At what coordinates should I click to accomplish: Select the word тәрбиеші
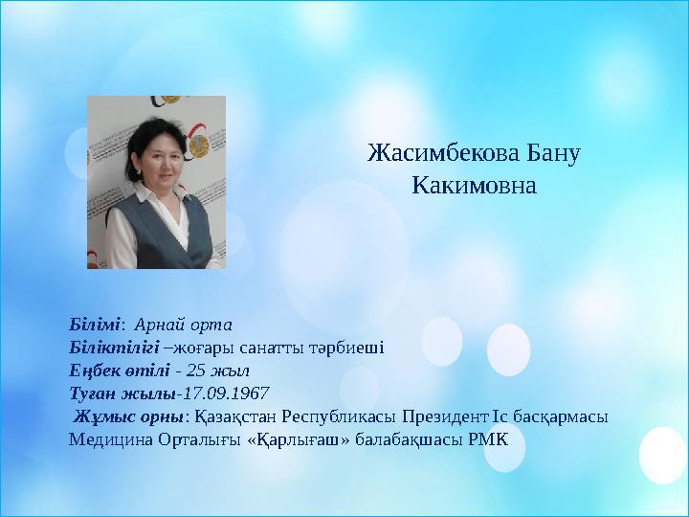pyautogui.click(x=350, y=348)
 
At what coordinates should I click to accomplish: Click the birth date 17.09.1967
pyautogui.click(x=224, y=393)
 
